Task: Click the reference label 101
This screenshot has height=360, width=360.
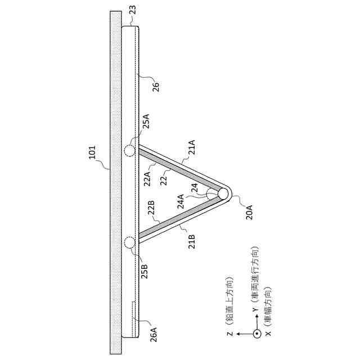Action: click(x=92, y=152)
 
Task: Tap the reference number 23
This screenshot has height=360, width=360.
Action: click(x=133, y=10)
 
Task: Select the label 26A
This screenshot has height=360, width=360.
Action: click(x=154, y=335)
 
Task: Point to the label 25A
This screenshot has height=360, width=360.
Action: click(x=146, y=121)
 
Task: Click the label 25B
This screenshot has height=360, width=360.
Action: click(x=145, y=272)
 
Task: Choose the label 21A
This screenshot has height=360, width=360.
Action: click(x=191, y=147)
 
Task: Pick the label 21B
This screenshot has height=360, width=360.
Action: click(x=191, y=242)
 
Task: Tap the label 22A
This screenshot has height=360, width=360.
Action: click(x=147, y=179)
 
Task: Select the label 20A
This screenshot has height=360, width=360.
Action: click(x=249, y=213)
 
